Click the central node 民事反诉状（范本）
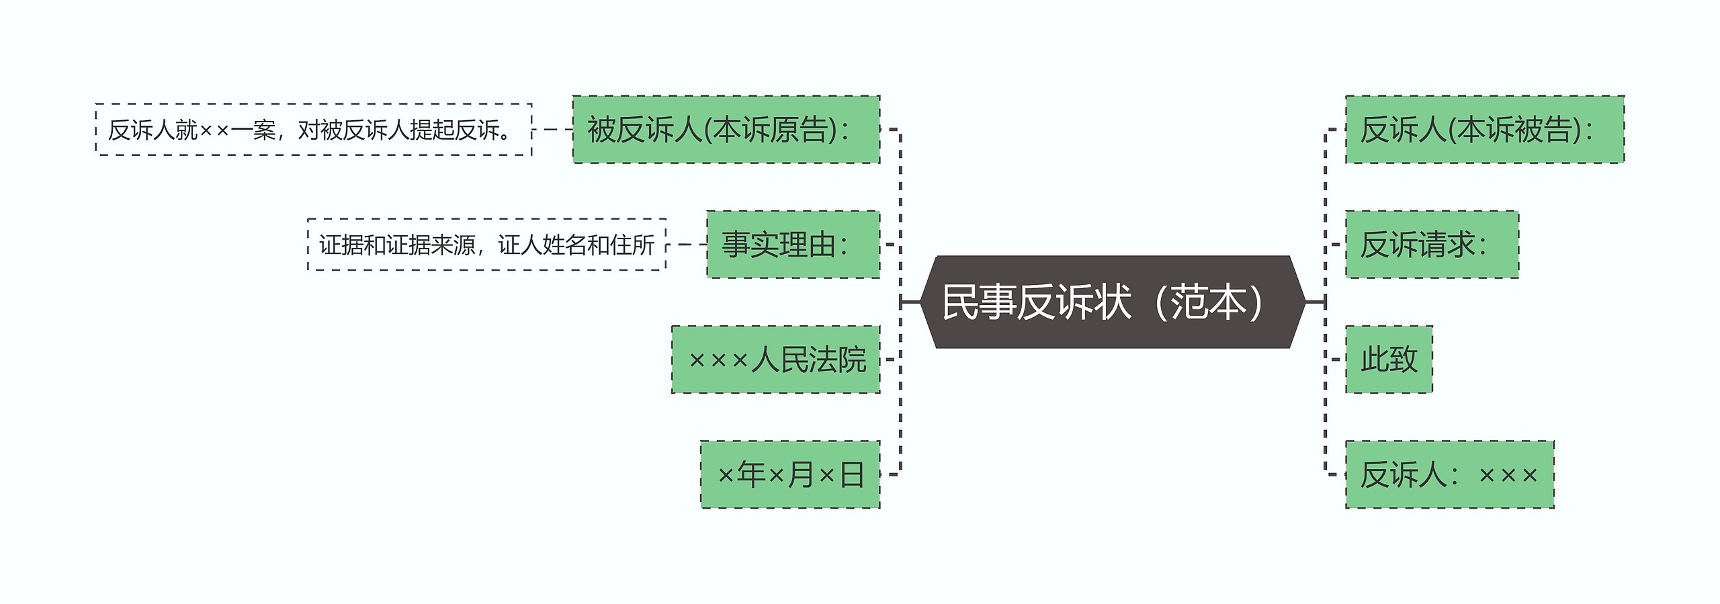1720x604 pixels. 1112,302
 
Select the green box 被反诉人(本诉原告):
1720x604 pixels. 726,130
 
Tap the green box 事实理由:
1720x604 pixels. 793,245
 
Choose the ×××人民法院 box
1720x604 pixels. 775,359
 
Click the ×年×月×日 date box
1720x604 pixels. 789,474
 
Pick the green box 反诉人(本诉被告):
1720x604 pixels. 1485,130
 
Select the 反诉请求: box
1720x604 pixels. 1432,245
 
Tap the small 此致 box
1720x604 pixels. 1389,359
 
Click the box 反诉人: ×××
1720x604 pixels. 1449,474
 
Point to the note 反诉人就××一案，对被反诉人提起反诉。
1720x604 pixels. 313,130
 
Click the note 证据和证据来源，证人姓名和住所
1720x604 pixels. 486,245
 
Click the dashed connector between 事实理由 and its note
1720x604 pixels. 686,245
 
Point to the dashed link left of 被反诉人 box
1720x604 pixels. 552,130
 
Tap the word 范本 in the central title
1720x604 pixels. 1208,302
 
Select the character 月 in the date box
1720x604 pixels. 801,474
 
